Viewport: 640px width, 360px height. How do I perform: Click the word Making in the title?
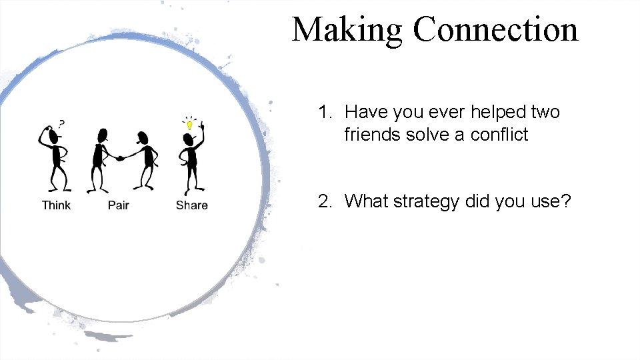(x=349, y=31)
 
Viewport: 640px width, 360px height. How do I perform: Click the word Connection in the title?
(x=495, y=29)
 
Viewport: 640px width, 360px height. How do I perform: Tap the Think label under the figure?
(x=56, y=205)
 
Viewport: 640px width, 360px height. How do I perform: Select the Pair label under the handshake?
(x=118, y=205)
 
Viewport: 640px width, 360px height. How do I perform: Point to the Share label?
(x=191, y=205)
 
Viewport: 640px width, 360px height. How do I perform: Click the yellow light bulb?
(x=189, y=125)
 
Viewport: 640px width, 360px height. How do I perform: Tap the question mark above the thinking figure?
(x=61, y=123)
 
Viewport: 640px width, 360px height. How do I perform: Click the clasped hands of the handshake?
(x=121, y=158)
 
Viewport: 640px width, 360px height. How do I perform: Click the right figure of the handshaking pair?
(x=143, y=160)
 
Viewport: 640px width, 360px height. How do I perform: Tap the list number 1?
(x=324, y=112)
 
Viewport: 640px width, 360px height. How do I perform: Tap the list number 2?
(x=324, y=201)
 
